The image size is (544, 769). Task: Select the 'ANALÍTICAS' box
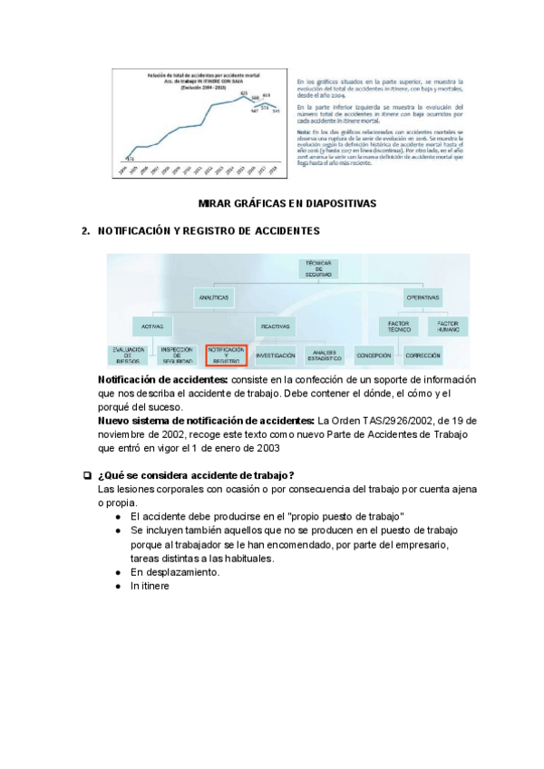coord(214,297)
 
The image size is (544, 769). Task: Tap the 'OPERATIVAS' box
coord(423,297)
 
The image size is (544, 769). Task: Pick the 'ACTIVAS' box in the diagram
coord(154,326)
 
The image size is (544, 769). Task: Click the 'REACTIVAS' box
coord(276,326)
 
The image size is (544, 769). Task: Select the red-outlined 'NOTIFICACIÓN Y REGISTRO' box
coord(227,355)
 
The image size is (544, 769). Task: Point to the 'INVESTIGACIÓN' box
coord(276,355)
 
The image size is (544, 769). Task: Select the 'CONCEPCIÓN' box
coord(374,355)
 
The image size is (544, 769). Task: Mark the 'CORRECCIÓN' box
coord(423,355)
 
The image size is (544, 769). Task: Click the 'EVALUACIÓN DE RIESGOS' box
coord(130,355)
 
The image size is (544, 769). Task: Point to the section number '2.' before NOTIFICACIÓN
coord(86,232)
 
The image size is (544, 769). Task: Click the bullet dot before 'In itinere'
coord(120,587)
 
